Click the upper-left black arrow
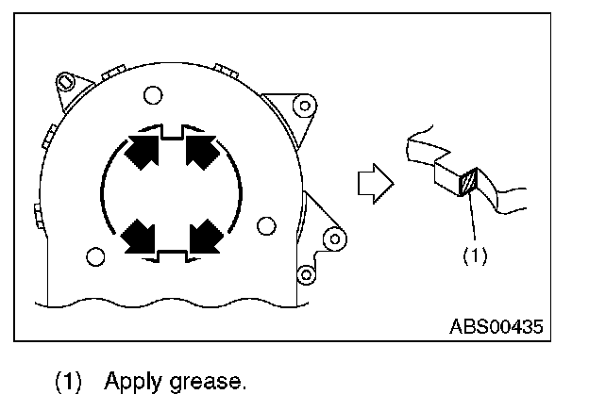tap(138, 151)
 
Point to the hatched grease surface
tap(469, 182)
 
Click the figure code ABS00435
tap(496, 326)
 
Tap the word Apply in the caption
tap(131, 382)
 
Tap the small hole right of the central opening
tap(266, 223)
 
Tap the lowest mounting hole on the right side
tap(305, 274)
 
